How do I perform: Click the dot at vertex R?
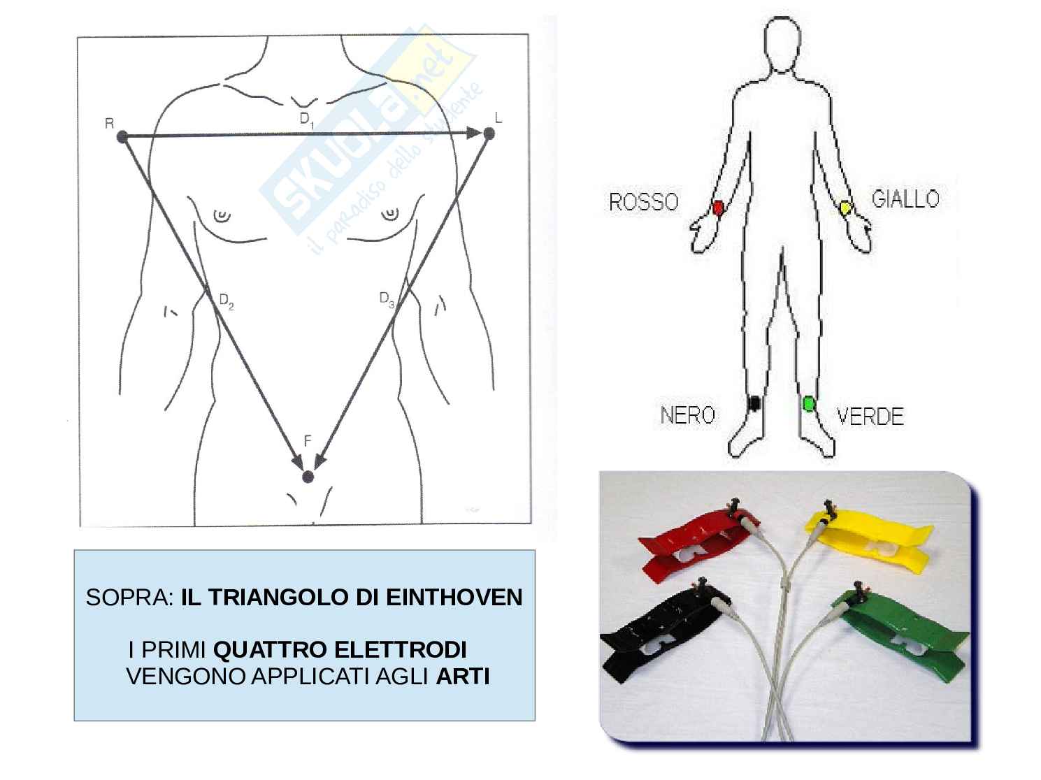click(122, 136)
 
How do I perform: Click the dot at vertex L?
click(489, 133)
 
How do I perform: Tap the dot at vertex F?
click(308, 477)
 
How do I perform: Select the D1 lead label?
click(307, 120)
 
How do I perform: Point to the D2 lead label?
click(227, 301)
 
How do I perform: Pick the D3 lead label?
click(387, 300)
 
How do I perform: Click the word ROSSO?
click(644, 203)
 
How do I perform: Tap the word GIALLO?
click(905, 198)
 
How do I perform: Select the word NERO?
click(688, 415)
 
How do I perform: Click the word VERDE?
click(870, 417)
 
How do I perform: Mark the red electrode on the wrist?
click(719, 208)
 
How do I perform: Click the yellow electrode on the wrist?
click(846, 208)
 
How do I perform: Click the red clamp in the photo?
click(697, 547)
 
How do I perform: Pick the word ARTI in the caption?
click(462, 677)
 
